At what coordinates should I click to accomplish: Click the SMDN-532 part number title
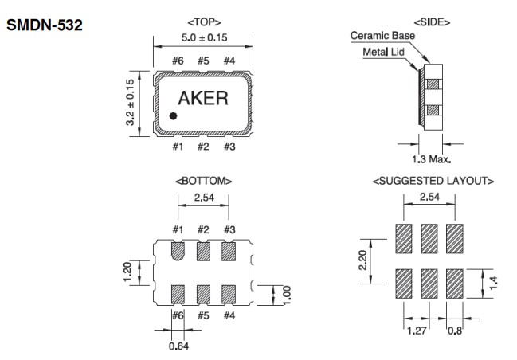click(x=45, y=27)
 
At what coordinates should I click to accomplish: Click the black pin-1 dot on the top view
click(x=172, y=116)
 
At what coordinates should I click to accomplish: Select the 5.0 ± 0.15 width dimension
click(x=203, y=36)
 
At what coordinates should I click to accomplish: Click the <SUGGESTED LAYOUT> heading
click(x=432, y=182)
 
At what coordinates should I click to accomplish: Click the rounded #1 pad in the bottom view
click(x=178, y=251)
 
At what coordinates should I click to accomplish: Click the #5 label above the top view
click(x=203, y=60)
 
